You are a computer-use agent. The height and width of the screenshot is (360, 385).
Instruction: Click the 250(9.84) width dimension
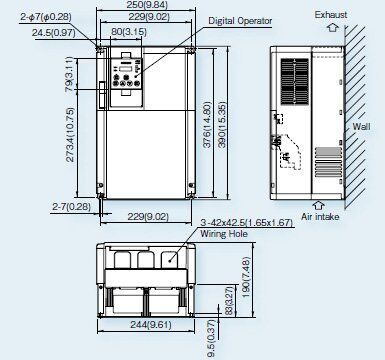(x=147, y=5)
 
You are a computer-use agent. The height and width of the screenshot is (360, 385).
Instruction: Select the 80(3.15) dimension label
(x=129, y=32)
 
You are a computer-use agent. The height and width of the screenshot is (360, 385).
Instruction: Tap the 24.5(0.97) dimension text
(x=53, y=33)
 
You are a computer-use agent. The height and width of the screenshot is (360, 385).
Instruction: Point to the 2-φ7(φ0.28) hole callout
(x=46, y=17)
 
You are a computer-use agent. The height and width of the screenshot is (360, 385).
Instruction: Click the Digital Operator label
(x=240, y=21)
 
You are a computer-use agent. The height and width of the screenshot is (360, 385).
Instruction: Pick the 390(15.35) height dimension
(x=222, y=124)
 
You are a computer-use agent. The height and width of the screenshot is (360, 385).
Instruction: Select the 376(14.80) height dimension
(x=207, y=125)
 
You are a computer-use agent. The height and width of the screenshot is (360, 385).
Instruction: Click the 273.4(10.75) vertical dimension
(x=70, y=135)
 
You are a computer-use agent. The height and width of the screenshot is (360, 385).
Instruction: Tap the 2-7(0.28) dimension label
(x=71, y=207)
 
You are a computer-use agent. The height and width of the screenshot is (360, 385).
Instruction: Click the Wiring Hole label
(x=224, y=234)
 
